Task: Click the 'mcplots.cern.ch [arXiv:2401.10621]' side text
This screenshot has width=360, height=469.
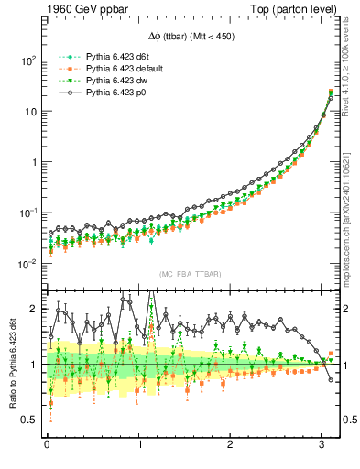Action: (x=351, y=206)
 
